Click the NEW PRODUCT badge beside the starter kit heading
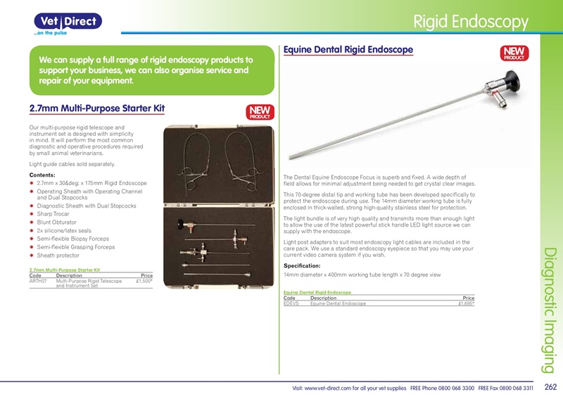click(x=260, y=113)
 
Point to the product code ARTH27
click(x=38, y=281)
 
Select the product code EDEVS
click(x=291, y=303)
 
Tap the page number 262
click(x=550, y=387)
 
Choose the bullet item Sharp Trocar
click(x=53, y=214)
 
